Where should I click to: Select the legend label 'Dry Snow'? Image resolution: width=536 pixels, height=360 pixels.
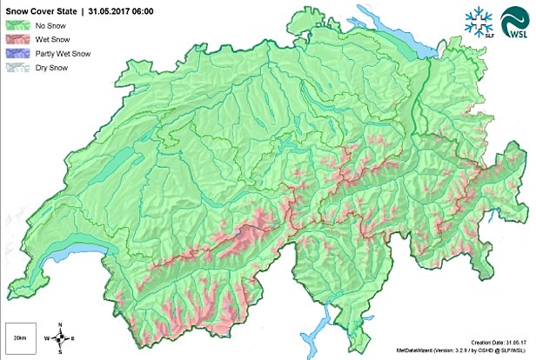pos(44,66)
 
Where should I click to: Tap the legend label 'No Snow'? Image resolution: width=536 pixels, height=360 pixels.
pos(43,26)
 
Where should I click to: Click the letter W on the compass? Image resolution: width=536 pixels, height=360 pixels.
pos(49,337)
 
